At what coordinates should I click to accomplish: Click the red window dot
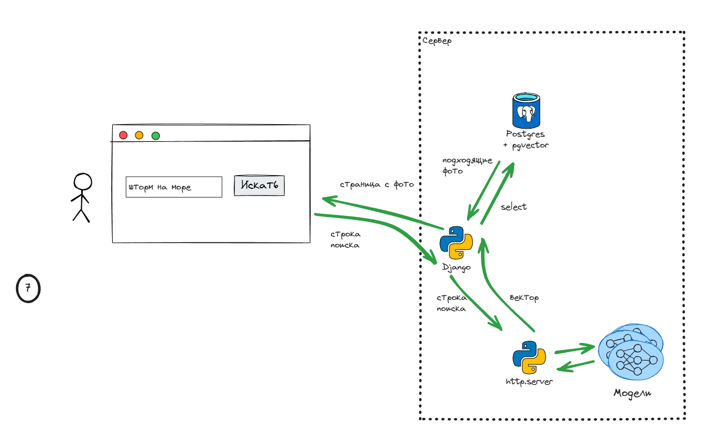tap(123, 135)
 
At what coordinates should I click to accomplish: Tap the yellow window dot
tap(139, 135)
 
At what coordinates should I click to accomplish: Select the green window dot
tap(156, 136)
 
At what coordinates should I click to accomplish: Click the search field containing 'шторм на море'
tap(174, 187)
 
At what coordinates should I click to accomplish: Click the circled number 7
tap(28, 288)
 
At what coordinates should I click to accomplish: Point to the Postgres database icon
tap(526, 110)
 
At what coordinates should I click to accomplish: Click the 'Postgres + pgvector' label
tap(526, 140)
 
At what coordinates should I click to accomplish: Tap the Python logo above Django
tap(457, 243)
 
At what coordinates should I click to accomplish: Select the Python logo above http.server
tap(529, 357)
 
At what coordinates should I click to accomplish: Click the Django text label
tap(457, 267)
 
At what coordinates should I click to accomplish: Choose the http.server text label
tap(529, 382)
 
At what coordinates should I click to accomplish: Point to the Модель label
tap(632, 394)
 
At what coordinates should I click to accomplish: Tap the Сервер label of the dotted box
tap(437, 41)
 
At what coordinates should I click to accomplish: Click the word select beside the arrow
tap(514, 207)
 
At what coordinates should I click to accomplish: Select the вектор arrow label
tap(524, 298)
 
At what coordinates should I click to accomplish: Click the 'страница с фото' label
tap(376, 184)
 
